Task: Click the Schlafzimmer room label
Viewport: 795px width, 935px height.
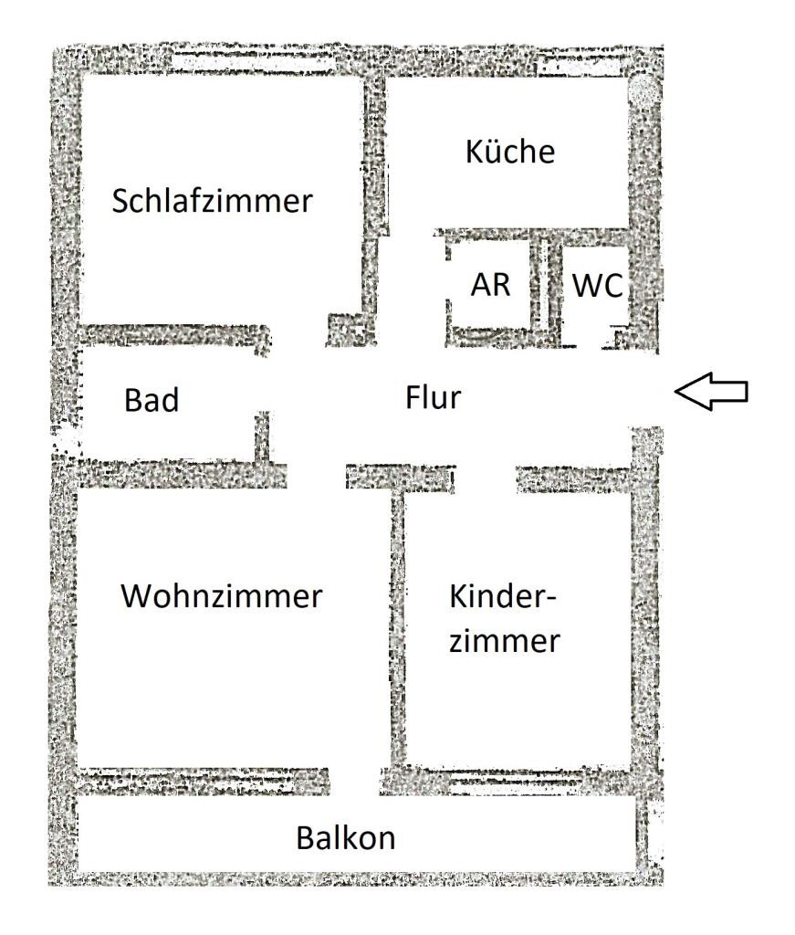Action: click(x=212, y=200)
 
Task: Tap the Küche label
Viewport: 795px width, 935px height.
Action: click(x=510, y=151)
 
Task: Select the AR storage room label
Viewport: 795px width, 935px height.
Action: click(x=490, y=285)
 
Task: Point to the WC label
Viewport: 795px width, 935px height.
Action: click(x=598, y=286)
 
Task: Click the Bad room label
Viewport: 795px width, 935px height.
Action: click(x=152, y=400)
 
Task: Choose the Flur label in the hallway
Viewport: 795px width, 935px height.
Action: click(x=434, y=398)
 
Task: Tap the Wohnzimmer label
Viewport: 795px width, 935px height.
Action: click(x=222, y=595)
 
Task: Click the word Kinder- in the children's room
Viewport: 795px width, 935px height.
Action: click(x=502, y=595)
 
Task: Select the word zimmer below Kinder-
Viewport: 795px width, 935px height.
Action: click(x=504, y=641)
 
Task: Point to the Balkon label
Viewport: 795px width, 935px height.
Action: click(x=346, y=838)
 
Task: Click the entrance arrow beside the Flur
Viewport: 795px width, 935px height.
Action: click(x=711, y=391)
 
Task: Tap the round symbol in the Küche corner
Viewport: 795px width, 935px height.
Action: click(x=644, y=92)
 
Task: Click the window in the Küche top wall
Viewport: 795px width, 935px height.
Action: click(x=577, y=66)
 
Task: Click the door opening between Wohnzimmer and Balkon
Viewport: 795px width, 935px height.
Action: click(x=354, y=782)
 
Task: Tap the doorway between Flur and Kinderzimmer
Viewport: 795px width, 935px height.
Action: click(x=485, y=478)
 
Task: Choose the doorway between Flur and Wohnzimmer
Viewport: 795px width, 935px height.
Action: click(x=317, y=475)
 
